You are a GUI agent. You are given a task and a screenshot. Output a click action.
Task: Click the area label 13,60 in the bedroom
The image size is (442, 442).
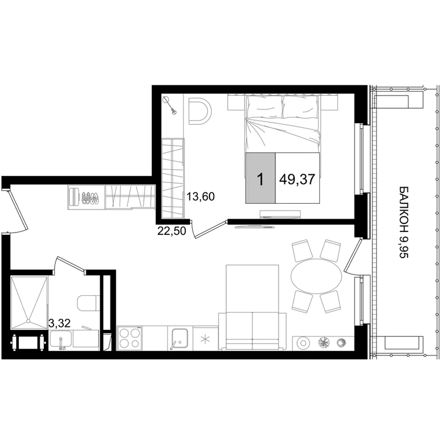(200, 196)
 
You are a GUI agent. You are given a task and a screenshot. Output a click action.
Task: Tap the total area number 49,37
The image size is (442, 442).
(297, 179)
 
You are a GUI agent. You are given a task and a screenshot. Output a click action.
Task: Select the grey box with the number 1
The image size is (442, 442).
(261, 178)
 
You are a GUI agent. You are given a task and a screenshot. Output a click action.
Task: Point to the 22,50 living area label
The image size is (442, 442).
(172, 231)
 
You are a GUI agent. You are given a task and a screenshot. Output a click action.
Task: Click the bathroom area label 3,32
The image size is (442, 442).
(59, 323)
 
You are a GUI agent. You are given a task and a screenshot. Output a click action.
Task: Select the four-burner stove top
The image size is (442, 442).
(129, 338)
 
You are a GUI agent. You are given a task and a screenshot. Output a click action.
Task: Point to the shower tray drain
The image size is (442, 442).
(28, 321)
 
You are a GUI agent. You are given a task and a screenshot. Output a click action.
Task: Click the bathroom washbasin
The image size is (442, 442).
(61, 340)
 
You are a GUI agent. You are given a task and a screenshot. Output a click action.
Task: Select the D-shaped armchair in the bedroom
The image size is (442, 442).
(200, 111)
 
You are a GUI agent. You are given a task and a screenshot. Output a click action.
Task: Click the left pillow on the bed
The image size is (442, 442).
(264, 107)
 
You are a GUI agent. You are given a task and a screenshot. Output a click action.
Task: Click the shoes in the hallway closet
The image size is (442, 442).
(90, 197)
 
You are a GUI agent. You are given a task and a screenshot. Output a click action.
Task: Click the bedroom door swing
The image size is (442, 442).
(208, 230)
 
